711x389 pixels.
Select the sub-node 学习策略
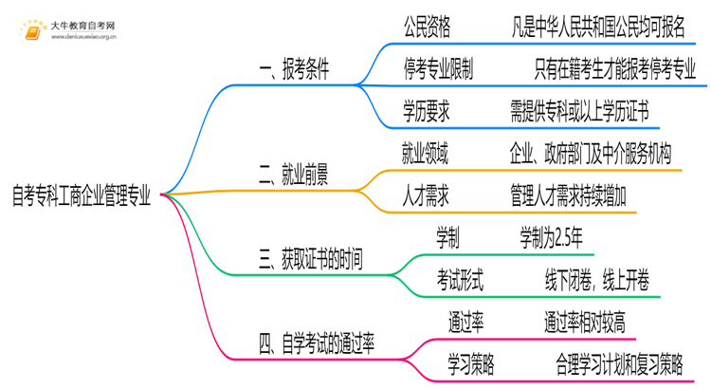pyautogui.click(x=473, y=363)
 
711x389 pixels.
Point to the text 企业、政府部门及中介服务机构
pyautogui.click(x=590, y=153)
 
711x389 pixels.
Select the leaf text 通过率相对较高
pyautogui.click(x=584, y=322)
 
